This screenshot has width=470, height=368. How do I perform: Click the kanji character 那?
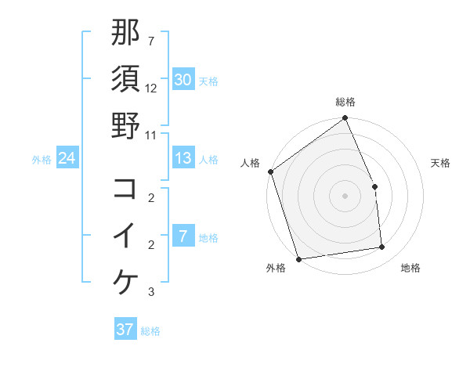tap(125, 33)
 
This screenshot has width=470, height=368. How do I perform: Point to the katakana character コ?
tap(125, 189)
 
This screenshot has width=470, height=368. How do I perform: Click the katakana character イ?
tap(125, 235)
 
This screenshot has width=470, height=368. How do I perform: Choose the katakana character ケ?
tap(125, 281)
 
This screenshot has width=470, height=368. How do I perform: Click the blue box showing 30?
tap(183, 79)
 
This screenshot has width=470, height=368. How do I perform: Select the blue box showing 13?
tap(183, 158)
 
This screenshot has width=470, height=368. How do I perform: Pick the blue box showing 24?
tap(67, 158)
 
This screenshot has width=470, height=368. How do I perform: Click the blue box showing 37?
tap(125, 330)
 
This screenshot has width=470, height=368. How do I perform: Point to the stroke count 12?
tap(151, 88)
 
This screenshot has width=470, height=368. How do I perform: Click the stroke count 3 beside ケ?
tap(151, 292)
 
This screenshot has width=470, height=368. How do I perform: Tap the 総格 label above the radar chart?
tap(345, 102)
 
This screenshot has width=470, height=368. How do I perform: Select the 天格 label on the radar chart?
tap(440, 163)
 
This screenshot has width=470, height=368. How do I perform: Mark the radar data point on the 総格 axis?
tap(345, 119)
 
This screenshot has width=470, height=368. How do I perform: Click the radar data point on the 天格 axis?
tap(374, 186)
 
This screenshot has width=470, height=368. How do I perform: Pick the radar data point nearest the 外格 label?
tap(298, 258)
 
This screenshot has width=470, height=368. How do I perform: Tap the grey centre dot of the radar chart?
tap(345, 196)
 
